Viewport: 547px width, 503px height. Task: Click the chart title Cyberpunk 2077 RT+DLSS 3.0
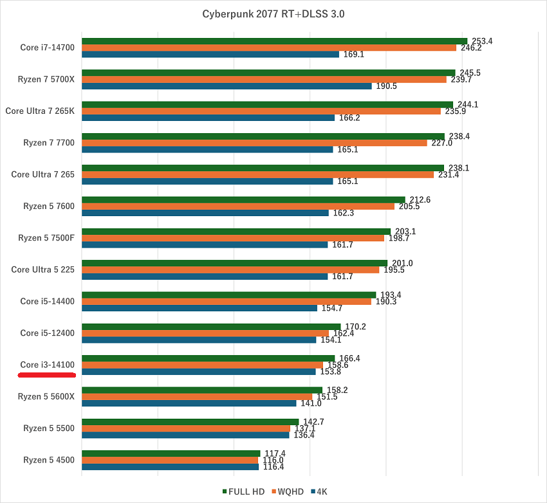point(273,14)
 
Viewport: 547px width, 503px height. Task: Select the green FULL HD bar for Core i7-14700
point(274,41)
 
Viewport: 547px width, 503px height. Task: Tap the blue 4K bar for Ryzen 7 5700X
point(227,86)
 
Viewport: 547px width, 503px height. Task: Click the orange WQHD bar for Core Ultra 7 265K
point(261,111)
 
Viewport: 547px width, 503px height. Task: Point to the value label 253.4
point(481,41)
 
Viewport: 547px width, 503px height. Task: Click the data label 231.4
point(448,174)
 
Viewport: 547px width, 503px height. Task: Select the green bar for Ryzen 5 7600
point(243,199)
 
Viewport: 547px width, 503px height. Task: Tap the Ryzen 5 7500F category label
point(46,238)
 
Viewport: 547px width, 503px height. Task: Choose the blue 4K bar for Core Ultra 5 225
point(205,277)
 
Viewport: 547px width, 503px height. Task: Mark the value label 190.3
point(385,301)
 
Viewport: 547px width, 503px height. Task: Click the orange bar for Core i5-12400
point(205,333)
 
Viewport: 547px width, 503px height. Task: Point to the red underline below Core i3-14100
point(48,374)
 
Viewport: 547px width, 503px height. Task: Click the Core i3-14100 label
point(48,365)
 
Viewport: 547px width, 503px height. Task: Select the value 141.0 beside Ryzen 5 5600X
point(311,403)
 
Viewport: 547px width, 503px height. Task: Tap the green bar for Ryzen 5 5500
point(190,422)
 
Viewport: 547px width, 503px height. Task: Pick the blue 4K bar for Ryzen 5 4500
point(170,466)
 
